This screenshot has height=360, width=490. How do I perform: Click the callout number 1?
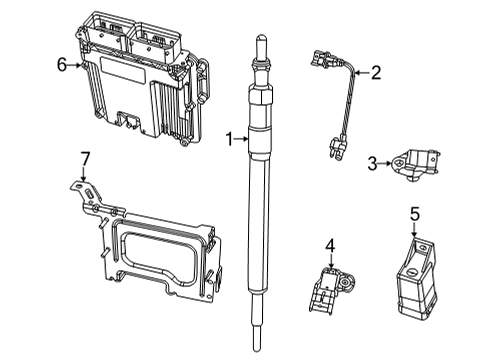coord(228,140)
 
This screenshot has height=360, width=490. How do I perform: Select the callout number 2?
coord(376,71)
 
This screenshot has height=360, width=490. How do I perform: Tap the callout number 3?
coord(371,163)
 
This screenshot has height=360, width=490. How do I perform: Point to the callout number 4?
coord(329,244)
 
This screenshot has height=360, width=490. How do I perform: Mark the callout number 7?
coord(85,157)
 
